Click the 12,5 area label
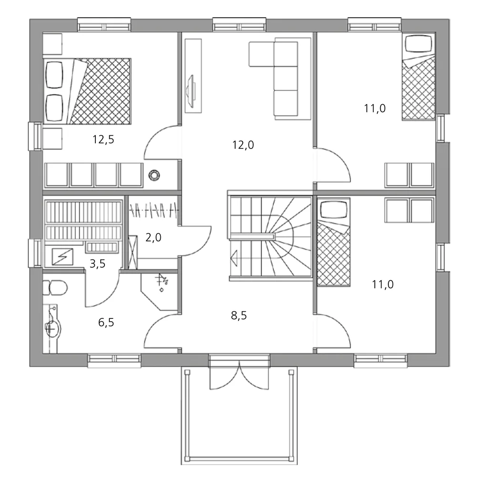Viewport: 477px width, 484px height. [104, 140]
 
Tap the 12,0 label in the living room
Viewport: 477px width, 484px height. [243, 145]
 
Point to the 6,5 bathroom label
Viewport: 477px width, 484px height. [106, 323]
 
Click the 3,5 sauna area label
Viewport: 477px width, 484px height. [97, 264]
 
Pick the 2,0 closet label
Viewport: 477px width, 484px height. [153, 237]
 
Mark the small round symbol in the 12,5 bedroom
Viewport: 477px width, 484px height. [154, 175]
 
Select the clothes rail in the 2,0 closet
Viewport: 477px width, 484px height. [154, 209]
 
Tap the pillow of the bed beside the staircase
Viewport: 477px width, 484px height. [333, 210]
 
